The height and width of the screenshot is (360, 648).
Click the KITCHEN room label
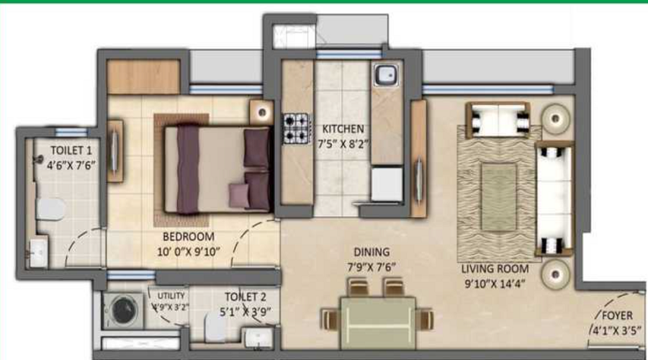point(338,129)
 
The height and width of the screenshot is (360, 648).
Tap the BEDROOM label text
point(188,237)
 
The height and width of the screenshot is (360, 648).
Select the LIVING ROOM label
point(495,269)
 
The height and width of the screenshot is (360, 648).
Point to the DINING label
point(372,253)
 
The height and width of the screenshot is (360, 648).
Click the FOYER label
point(617,315)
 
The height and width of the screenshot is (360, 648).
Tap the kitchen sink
point(386,74)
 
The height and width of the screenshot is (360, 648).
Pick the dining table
point(377,315)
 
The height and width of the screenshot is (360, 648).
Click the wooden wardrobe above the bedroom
point(143,76)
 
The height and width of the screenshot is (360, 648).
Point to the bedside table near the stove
point(261,112)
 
